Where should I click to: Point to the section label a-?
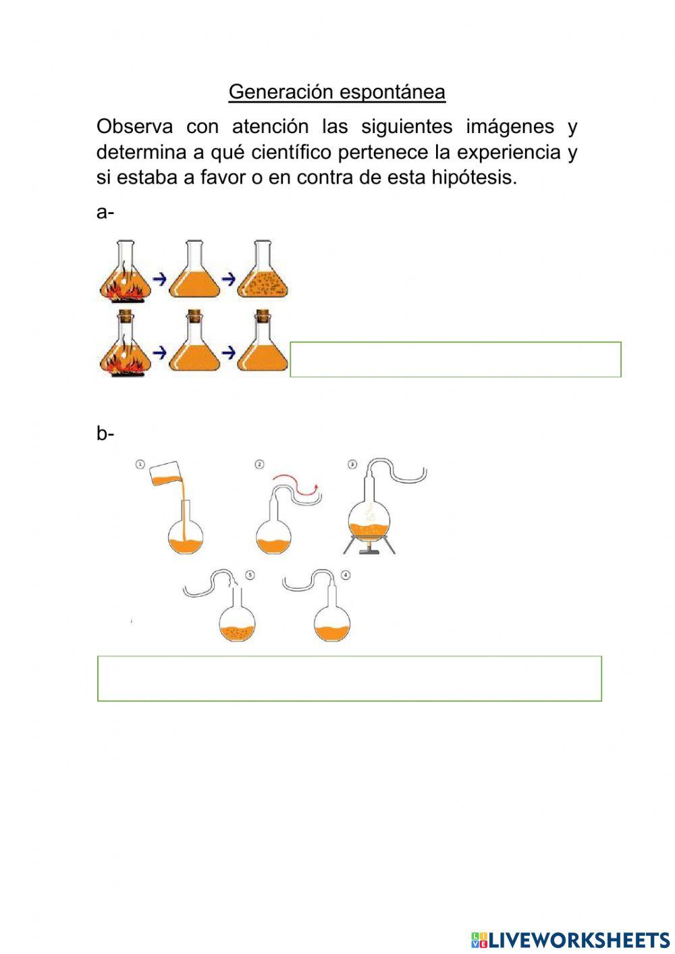105,212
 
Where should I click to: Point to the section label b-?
105,433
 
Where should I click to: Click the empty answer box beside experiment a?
456,359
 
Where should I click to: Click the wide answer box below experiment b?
350,678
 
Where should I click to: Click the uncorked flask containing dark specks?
263,273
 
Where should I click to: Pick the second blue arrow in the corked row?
229,351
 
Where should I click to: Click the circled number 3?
352,464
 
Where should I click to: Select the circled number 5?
250,575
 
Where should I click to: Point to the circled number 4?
346,575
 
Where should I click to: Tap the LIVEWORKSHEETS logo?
570,939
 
